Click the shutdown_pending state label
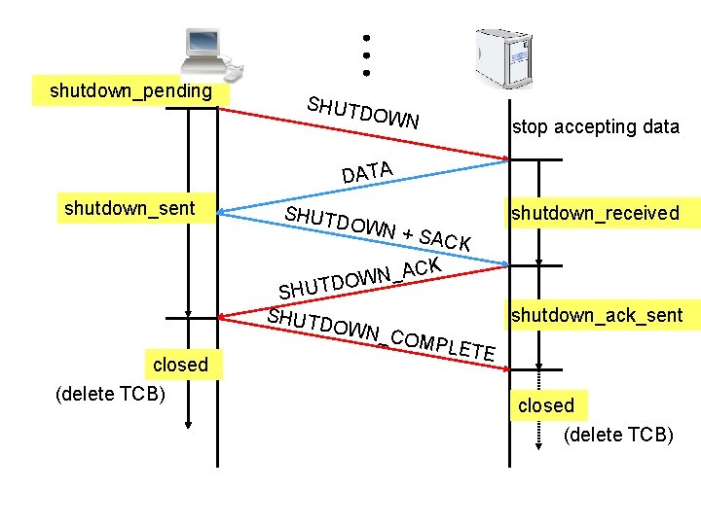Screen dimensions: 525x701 tap(130, 91)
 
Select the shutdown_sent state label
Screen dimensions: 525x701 tap(129, 207)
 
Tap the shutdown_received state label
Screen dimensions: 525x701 tap(596, 213)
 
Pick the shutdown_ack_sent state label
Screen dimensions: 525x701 tap(597, 314)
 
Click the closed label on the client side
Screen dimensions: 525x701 tap(180, 365)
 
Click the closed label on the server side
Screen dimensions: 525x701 tap(546, 405)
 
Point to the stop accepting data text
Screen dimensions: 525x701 tap(596, 126)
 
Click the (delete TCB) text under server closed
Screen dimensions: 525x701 tap(618, 435)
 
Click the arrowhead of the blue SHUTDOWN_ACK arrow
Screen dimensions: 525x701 tap(502, 262)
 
